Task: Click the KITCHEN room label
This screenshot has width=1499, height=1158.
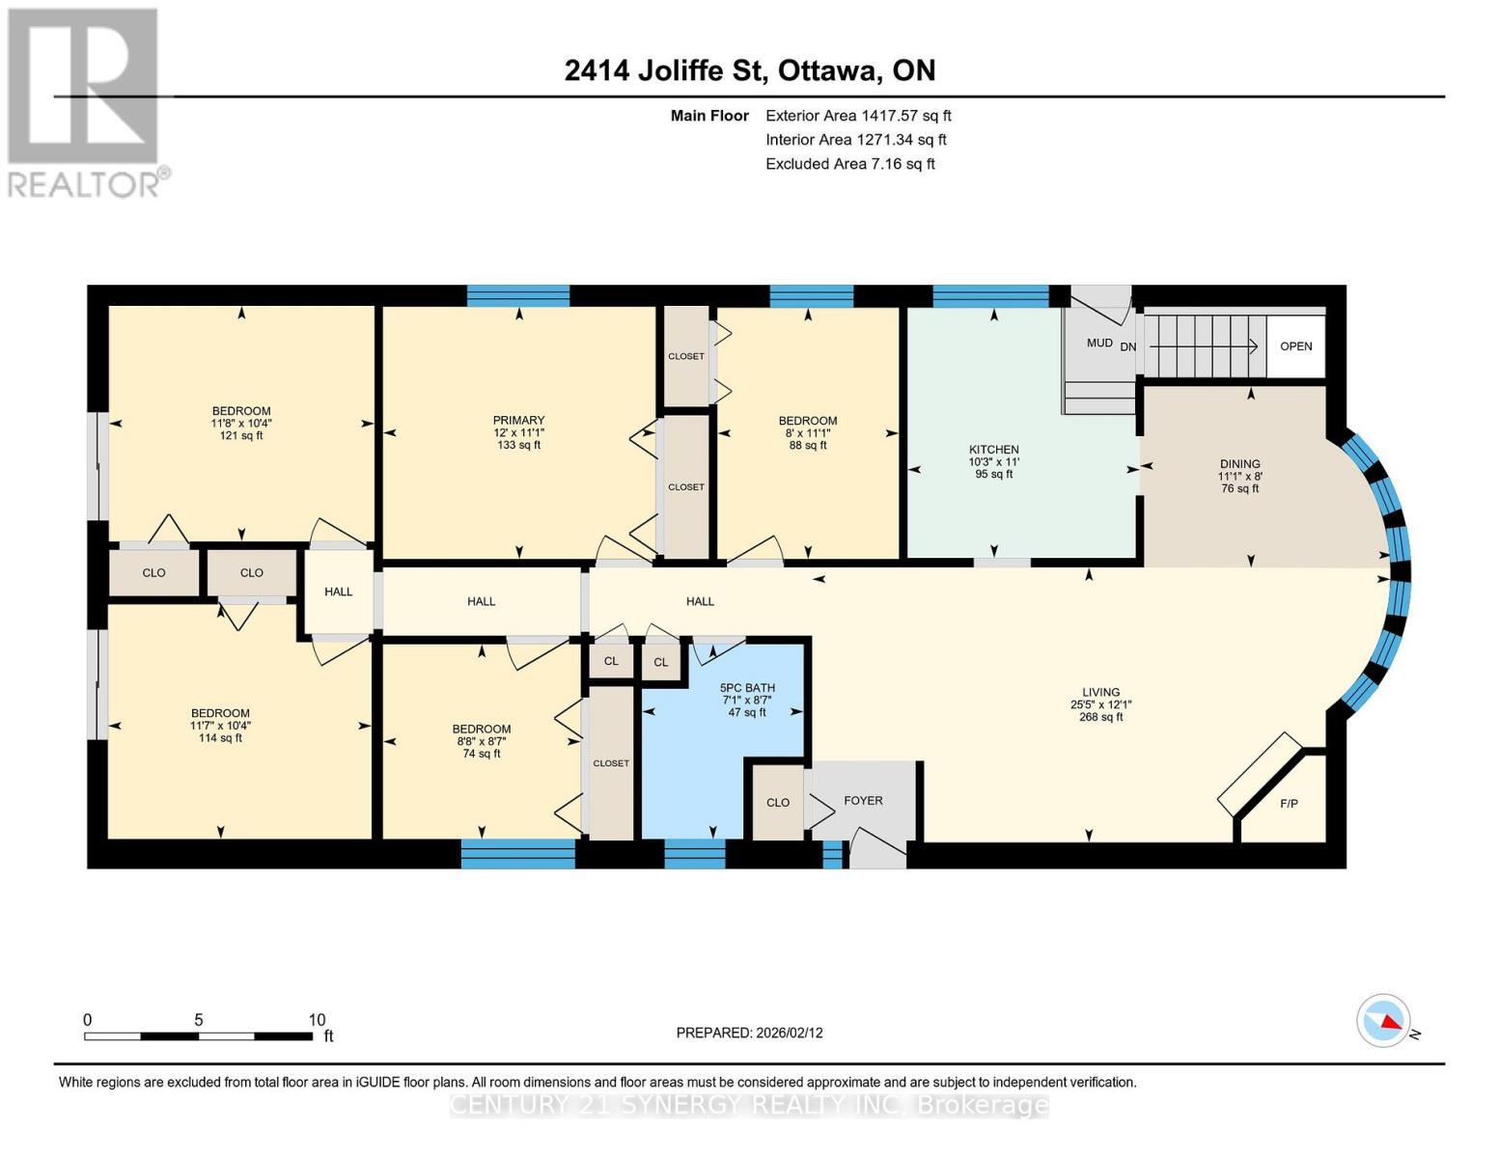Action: [x=993, y=450]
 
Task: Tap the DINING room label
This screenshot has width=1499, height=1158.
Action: [x=1239, y=464]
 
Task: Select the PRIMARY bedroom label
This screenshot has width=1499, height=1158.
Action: [x=518, y=421]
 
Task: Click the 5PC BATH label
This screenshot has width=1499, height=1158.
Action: [x=747, y=688]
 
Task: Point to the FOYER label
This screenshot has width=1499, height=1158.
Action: [x=863, y=801]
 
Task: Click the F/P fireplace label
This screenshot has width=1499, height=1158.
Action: [x=1288, y=803]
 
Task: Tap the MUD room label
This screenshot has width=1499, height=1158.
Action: [x=1099, y=343]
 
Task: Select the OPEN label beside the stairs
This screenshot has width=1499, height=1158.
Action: [x=1295, y=346]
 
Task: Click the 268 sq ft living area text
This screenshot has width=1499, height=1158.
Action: [x=1100, y=717]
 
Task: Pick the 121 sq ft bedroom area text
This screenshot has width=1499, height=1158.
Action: [x=241, y=435]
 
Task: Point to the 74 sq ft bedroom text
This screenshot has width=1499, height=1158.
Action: [x=481, y=754]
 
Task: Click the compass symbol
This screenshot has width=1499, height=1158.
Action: [x=1383, y=1020]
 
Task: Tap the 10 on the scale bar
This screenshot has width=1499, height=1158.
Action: [x=317, y=1020]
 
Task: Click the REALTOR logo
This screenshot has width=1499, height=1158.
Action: [x=84, y=101]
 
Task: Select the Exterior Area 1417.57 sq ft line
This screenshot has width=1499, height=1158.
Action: [x=857, y=116]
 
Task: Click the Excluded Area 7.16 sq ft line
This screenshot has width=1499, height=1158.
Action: [x=849, y=164]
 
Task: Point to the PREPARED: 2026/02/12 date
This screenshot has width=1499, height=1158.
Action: [x=749, y=1033]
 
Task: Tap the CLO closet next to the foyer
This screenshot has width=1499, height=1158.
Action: [x=778, y=803]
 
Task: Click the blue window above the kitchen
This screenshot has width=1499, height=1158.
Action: [x=990, y=295]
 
